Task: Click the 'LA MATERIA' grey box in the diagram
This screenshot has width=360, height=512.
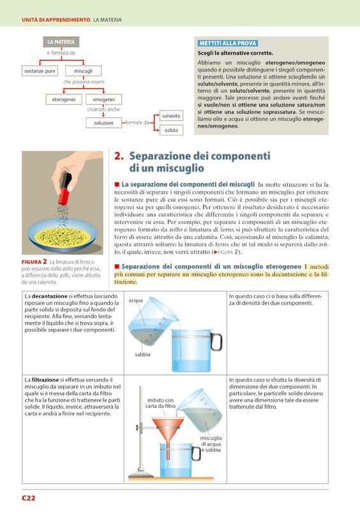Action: click(61, 42)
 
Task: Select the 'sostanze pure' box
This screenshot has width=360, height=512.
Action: click(40, 71)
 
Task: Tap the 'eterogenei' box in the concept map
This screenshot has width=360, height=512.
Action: click(63, 99)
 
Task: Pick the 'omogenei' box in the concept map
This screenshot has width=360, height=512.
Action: click(103, 99)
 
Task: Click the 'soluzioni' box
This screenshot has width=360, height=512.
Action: click(103, 123)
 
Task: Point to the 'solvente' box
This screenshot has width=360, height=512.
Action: click(171, 116)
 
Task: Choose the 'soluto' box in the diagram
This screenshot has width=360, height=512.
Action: click(171, 130)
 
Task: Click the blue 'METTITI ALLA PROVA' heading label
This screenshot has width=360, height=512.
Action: click(228, 43)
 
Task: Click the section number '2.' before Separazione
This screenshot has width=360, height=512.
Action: click(119, 156)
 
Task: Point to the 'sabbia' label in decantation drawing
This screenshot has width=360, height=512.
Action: click(142, 355)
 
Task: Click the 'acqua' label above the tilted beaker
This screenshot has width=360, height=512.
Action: click(136, 300)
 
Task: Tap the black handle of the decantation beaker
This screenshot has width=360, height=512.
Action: click(216, 342)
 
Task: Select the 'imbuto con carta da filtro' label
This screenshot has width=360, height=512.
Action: click(161, 403)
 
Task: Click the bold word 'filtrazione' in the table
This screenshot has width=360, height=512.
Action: click(45, 380)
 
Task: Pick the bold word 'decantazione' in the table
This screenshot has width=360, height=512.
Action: click(49, 296)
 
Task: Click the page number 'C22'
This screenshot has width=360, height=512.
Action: click(29, 498)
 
